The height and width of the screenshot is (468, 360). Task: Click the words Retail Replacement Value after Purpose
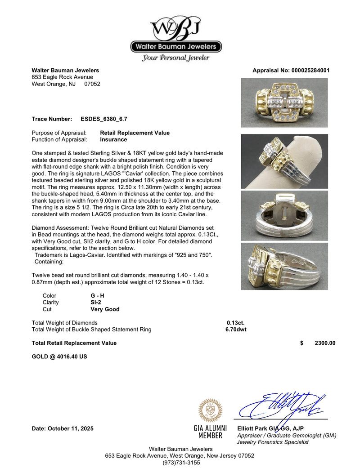point(135,133)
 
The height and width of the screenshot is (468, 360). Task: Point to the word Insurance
point(113,140)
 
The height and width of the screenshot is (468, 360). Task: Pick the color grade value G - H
point(97,296)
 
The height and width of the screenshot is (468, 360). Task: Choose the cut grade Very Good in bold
point(105,309)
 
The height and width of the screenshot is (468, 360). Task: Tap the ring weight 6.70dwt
point(236,330)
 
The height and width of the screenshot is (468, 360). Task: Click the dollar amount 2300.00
point(324,343)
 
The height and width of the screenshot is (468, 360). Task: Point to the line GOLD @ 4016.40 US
point(59,357)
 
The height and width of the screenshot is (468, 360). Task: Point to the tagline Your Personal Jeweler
point(176,58)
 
